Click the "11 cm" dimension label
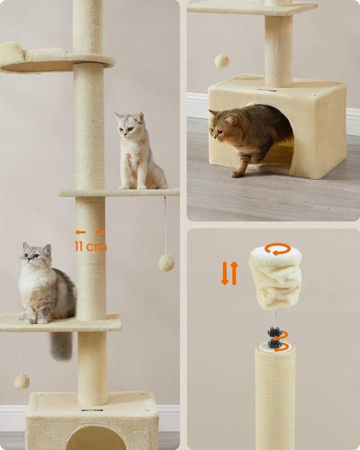[x=91, y=247]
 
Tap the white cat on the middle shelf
[x=139, y=152]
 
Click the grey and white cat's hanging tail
[x=61, y=345]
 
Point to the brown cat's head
[x=221, y=126]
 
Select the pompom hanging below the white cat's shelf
[x=167, y=263]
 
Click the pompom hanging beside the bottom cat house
[x=22, y=382]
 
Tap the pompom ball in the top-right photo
[x=222, y=61]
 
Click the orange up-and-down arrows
[x=229, y=273]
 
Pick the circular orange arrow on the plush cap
[x=278, y=249]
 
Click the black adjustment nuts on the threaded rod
[x=274, y=337]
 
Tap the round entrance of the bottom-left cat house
[x=97, y=438]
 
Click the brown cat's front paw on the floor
[x=237, y=173]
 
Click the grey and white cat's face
[x=35, y=256]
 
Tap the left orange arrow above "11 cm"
[x=80, y=232]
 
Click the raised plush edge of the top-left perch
[x=11, y=52]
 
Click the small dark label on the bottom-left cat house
[x=92, y=410]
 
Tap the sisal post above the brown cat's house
[x=278, y=50]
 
